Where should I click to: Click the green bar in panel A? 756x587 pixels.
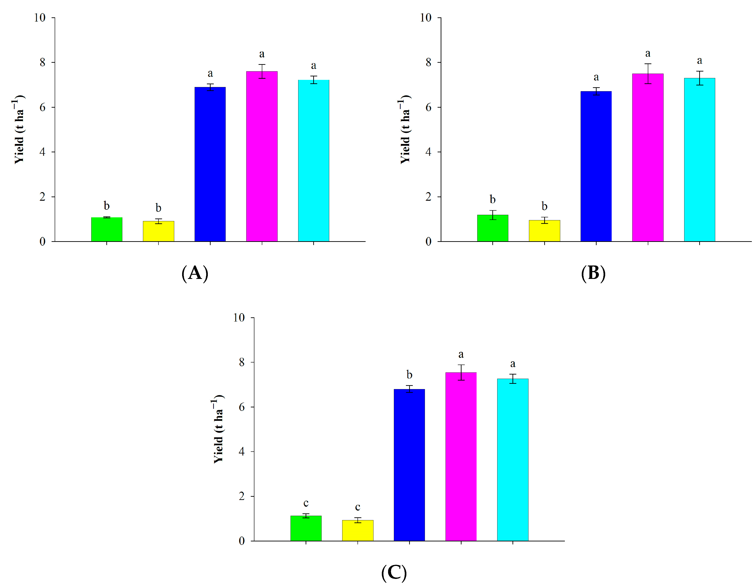[x=107, y=229]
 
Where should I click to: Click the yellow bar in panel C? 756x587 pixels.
[x=357, y=530]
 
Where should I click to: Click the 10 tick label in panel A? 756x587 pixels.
[x=40, y=18]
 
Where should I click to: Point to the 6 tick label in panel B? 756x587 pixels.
[x=429, y=107]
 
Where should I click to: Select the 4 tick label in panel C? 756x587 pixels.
[x=242, y=451]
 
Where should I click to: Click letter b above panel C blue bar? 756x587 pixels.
[x=409, y=374]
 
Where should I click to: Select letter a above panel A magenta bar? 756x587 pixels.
[x=262, y=54]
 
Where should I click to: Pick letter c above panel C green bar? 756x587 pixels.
[x=306, y=503]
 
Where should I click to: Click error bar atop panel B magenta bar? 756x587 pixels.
[x=648, y=73]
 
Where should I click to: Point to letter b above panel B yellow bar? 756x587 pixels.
[x=544, y=206]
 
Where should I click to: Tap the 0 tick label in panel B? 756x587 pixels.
[x=429, y=241]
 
